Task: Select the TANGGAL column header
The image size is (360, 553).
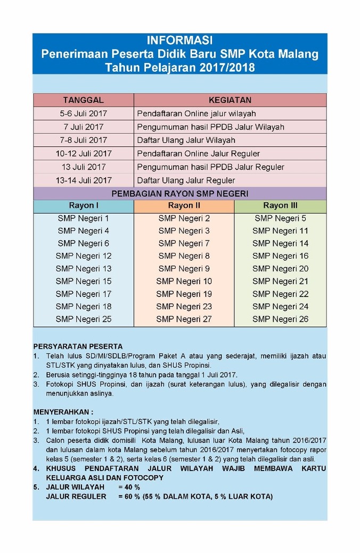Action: coord(83,100)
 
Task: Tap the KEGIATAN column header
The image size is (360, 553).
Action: coord(230,100)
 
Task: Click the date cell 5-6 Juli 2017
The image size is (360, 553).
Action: coord(83,113)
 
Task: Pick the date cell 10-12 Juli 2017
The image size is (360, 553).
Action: coord(83,153)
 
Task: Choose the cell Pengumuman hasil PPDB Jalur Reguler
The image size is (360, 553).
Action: coord(210,167)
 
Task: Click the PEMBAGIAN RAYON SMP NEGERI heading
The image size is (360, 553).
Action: coord(179,193)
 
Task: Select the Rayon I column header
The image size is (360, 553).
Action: coord(83,205)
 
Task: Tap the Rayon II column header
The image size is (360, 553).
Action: coord(184,205)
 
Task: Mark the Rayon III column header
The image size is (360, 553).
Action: coord(280,205)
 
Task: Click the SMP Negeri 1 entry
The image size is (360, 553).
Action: coord(83,218)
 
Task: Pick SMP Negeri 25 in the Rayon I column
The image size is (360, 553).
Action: coord(83,319)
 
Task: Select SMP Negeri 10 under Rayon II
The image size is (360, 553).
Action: coord(184,281)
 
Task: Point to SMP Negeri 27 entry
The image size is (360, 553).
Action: coord(184,319)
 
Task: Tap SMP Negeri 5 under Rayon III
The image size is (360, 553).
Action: coord(280,218)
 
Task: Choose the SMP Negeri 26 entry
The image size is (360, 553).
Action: coord(280,319)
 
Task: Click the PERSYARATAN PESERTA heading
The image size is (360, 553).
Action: coord(78,346)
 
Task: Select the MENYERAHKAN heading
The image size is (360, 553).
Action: coord(63,411)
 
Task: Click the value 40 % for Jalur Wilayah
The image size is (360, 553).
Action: coord(129,487)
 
